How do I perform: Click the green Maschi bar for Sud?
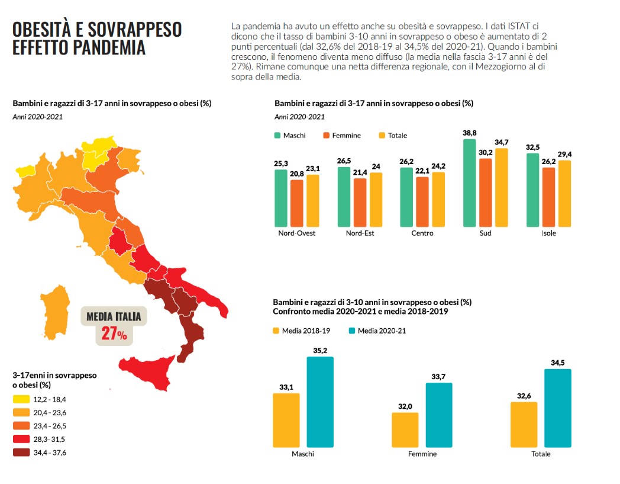pos(469,183)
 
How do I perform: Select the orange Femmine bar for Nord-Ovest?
pos(297,204)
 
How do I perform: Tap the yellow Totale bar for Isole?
pos(564,194)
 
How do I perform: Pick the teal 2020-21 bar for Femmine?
pos(439,415)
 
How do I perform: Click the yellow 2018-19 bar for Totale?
pos(524,425)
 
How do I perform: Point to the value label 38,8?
pos(469,133)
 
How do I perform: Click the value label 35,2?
pos(320,351)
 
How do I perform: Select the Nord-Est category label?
pos(360,233)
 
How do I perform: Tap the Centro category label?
pos(422,233)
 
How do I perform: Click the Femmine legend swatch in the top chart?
pos(326,136)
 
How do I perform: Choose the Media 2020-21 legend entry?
pos(377,331)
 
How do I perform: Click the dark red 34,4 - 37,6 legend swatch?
pos(21,453)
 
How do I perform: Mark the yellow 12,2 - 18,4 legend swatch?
pos(21,399)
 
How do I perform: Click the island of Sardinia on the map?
pos(56,312)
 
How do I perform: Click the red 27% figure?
pos(114,334)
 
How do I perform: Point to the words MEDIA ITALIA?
pos(114,316)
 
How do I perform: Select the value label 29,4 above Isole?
pos(564,155)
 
